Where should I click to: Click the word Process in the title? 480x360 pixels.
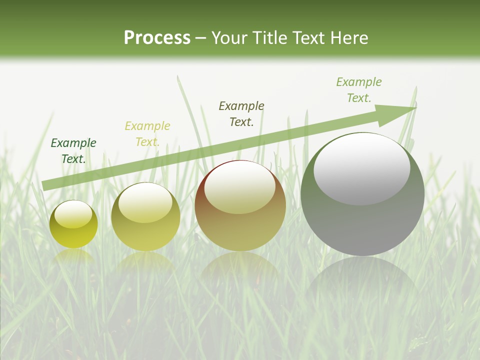(x=157, y=38)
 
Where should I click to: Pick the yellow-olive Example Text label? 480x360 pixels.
(x=147, y=134)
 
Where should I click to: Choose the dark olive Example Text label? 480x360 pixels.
(x=241, y=114)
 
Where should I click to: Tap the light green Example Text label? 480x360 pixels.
(x=359, y=90)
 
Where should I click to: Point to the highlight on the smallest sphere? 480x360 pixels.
(x=73, y=214)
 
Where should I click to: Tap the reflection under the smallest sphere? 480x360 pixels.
(x=73, y=256)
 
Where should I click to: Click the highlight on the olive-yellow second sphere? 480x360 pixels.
(x=145, y=202)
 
